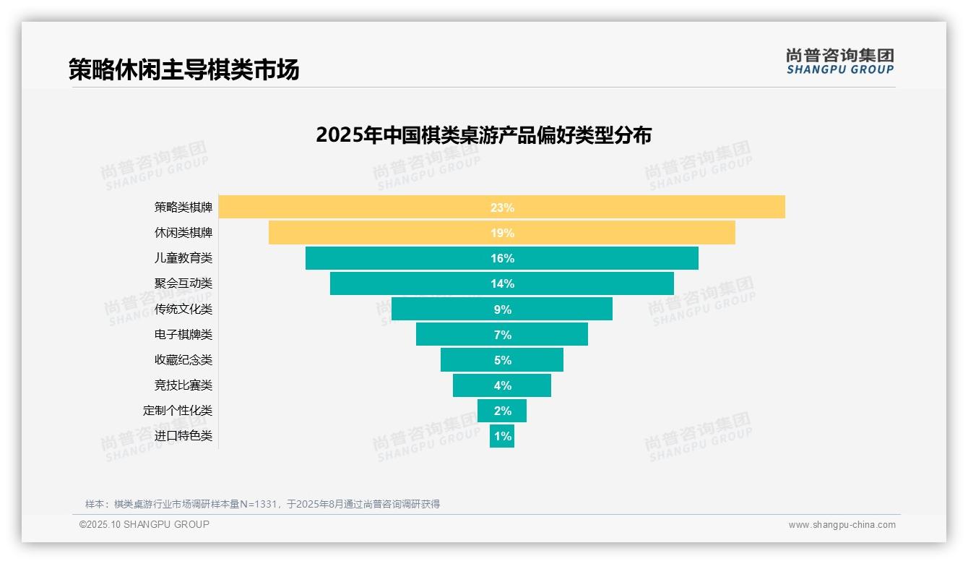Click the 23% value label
(502, 208)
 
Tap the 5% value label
(502, 360)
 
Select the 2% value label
(502, 411)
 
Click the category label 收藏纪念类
(183, 359)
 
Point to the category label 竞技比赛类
(183, 385)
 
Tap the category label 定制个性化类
(178, 410)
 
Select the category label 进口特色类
(183, 436)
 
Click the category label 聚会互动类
(183, 283)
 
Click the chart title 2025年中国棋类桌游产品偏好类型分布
(483, 135)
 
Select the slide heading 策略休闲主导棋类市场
(183, 69)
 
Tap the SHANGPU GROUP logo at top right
(839, 61)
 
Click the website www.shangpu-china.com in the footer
(842, 525)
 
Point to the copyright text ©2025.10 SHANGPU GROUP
(144, 524)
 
